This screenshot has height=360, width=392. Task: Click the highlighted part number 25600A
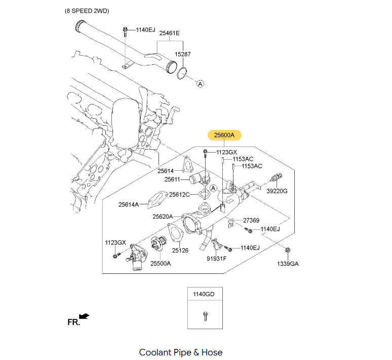click(224, 135)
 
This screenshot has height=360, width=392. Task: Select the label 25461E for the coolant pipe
click(170, 33)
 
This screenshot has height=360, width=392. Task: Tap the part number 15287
click(183, 53)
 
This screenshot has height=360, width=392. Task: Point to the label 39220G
click(277, 191)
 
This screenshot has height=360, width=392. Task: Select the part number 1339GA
click(288, 264)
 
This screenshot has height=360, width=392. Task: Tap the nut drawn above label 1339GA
click(288, 250)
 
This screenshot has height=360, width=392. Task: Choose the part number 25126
click(180, 250)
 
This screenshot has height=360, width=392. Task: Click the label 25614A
click(129, 204)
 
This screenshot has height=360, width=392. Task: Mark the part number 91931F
click(217, 259)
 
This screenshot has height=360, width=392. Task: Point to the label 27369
click(251, 221)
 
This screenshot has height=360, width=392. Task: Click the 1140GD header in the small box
click(205, 295)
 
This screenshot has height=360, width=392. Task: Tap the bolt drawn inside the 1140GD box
click(205, 316)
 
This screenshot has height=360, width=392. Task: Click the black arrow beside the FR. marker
click(85, 316)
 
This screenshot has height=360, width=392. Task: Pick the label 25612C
click(179, 194)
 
